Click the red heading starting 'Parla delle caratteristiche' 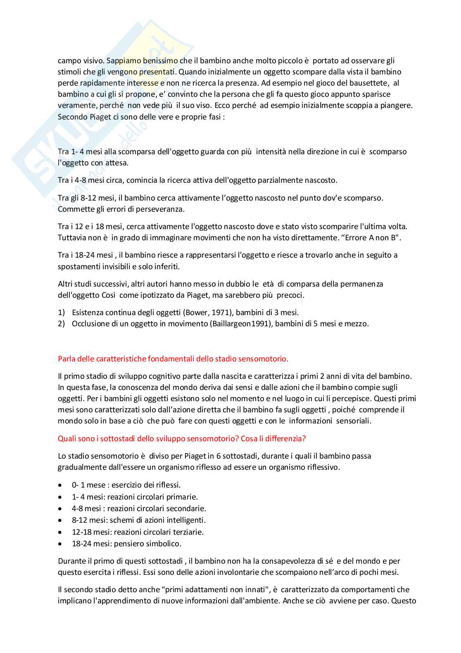tap(173, 359)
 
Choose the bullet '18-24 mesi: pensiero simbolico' tap(126, 544)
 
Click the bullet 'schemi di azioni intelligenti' tap(157, 520)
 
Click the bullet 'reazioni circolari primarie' tap(152, 497)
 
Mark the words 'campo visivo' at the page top tap(79, 61)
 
